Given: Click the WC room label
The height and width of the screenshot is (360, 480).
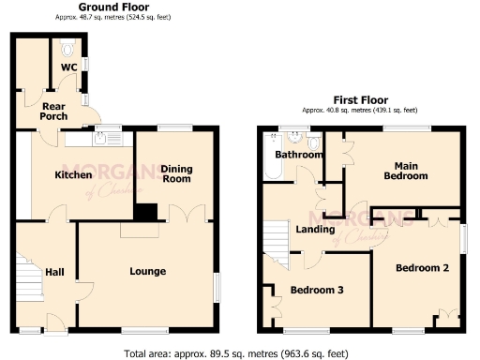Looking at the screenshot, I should (69, 67).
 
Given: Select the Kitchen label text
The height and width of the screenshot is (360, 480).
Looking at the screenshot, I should (73, 174).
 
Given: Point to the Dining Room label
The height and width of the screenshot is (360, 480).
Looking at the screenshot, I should (176, 174).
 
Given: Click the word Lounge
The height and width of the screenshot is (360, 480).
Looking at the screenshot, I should (147, 271).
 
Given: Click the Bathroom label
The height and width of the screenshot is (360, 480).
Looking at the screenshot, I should (300, 155).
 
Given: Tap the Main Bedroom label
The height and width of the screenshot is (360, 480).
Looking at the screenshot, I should (405, 171).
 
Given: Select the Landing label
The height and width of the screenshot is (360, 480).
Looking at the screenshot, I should (314, 228).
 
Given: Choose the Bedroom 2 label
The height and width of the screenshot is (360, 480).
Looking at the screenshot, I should (422, 268).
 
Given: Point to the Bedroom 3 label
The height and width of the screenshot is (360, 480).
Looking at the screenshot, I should (316, 290).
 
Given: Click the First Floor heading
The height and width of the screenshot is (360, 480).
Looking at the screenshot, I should (361, 99).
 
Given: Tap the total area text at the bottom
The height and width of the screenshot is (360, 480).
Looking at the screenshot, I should (240, 353).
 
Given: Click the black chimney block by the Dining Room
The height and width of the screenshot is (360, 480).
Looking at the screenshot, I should (145, 213).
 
